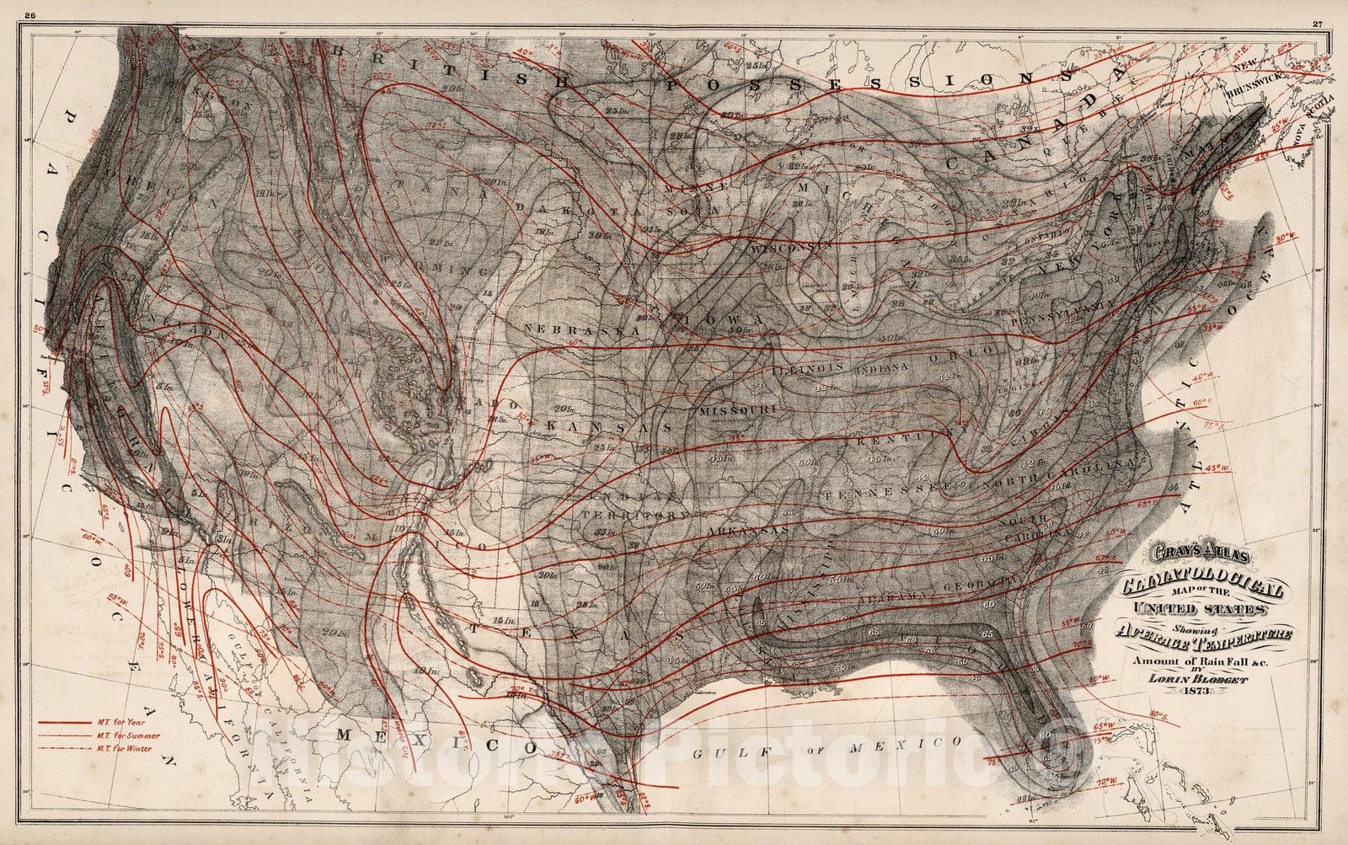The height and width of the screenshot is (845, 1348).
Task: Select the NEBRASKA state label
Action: pos(581,330)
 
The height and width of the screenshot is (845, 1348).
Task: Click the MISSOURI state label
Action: pos(736,409)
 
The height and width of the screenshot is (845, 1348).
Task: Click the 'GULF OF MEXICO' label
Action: pos(825,745)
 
